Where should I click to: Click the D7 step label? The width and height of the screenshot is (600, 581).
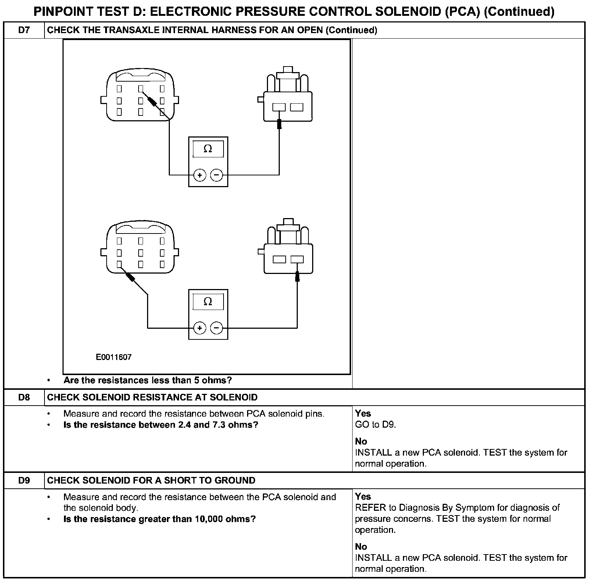coord(24,30)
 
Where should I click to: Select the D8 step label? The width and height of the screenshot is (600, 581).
coord(24,397)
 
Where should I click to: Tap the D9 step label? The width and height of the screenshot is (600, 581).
coord(24,480)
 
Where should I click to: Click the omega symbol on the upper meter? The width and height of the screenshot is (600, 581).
coord(208,149)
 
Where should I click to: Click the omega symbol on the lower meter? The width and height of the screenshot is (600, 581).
coord(208,302)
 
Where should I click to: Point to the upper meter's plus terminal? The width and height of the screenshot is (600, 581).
coord(200,175)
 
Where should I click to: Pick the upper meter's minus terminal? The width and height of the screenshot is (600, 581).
coord(217,175)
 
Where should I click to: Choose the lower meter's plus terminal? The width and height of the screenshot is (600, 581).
coord(200,328)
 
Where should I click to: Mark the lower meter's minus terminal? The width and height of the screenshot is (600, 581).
coord(217,328)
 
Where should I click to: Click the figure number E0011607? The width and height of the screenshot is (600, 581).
coord(114,357)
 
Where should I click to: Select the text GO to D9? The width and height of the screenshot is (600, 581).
coord(375,424)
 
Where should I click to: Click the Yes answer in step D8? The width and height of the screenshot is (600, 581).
coord(363,413)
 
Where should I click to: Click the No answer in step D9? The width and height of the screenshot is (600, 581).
coord(361,546)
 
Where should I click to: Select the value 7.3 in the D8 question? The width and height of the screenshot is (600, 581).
coord(219,425)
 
